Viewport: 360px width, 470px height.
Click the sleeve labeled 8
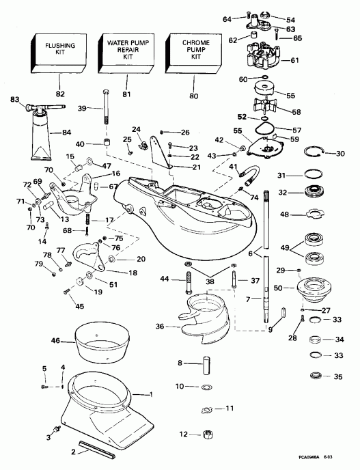click(x=203, y=363)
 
